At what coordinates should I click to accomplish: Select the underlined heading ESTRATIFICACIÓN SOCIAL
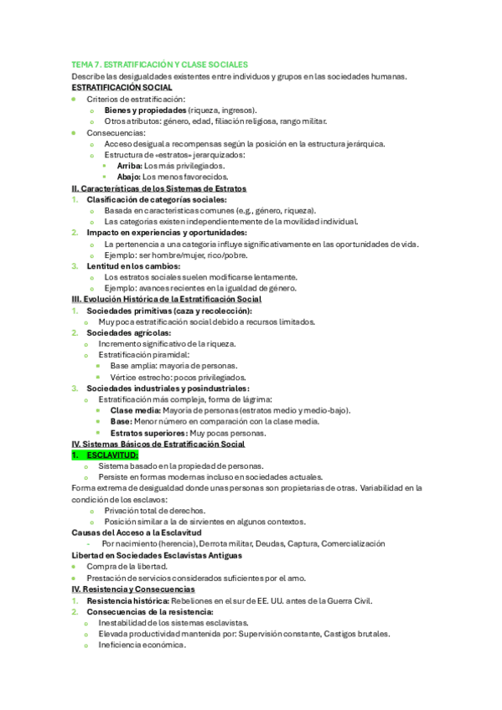click(122, 87)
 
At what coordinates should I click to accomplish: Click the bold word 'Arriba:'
click(129, 166)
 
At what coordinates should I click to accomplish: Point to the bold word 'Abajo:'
click(129, 177)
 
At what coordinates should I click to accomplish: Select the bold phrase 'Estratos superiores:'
click(149, 432)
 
